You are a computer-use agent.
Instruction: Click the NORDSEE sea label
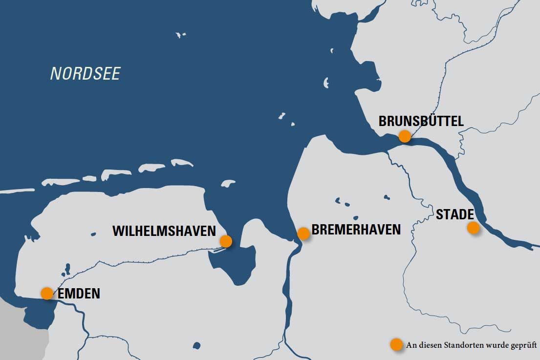coord(86,74)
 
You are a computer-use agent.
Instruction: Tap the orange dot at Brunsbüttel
coord(405,136)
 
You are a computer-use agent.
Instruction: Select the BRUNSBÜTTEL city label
coord(421,121)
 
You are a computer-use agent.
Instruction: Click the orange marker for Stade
coord(473,227)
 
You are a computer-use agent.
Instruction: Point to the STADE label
coord(454,214)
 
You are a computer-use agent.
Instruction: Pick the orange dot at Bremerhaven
coord(303,233)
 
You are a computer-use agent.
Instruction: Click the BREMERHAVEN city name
coord(356,230)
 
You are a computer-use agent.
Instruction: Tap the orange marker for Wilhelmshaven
coord(226,241)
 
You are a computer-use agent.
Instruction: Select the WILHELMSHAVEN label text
coord(164,231)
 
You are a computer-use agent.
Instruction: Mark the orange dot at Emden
coord(47,293)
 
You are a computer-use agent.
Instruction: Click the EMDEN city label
coord(79,294)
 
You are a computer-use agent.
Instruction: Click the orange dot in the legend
coord(396,344)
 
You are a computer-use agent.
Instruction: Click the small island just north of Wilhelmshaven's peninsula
coord(228,183)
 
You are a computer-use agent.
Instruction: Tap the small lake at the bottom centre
coord(196,345)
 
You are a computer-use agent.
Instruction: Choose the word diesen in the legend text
coord(431,345)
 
